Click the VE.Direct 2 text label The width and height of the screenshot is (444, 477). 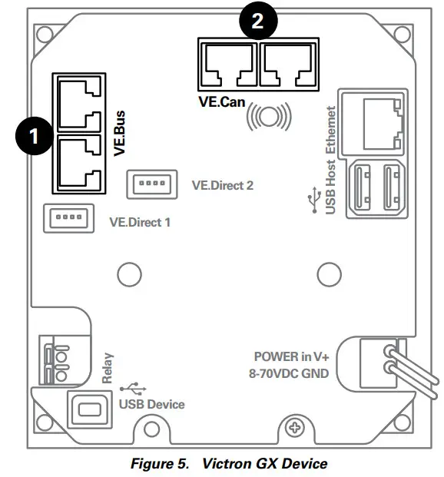[222, 185]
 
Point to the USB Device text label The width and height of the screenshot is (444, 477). [152, 404]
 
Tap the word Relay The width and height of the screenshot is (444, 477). [107, 368]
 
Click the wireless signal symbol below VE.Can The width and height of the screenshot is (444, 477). [267, 116]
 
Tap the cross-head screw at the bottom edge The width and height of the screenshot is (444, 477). [293, 426]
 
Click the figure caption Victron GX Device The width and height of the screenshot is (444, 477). [228, 463]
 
